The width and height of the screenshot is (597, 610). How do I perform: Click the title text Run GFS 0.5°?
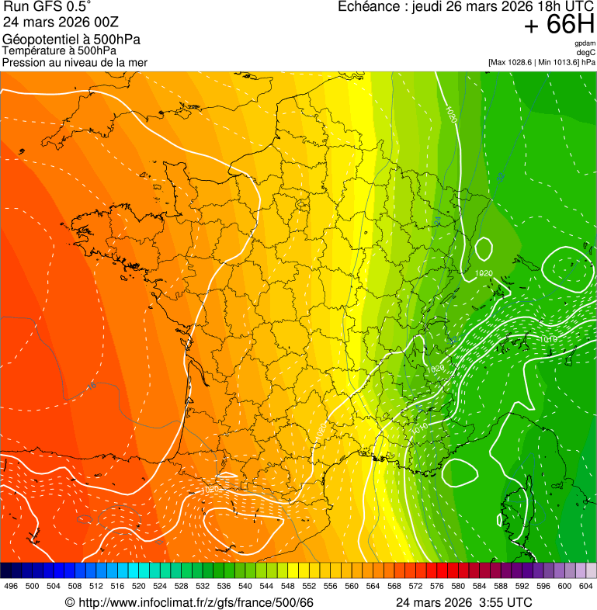coord(47,8)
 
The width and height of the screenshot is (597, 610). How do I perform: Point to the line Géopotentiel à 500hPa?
coord(71,40)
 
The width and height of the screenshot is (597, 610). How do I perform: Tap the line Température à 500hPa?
coord(59,51)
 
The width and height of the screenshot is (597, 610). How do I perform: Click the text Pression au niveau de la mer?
coord(75,62)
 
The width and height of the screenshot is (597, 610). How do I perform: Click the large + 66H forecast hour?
coord(559,25)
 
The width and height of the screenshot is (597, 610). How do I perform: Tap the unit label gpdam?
coord(585,43)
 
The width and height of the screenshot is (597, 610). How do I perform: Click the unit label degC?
coord(587,53)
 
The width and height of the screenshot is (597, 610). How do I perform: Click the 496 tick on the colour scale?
coord(11,586)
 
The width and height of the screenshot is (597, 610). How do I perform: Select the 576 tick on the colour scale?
coord(436,586)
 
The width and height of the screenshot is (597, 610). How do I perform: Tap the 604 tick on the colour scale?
coord(585,586)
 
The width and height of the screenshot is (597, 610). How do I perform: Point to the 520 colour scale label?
coord(138,586)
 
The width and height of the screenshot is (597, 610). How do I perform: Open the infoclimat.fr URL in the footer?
coord(196,602)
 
